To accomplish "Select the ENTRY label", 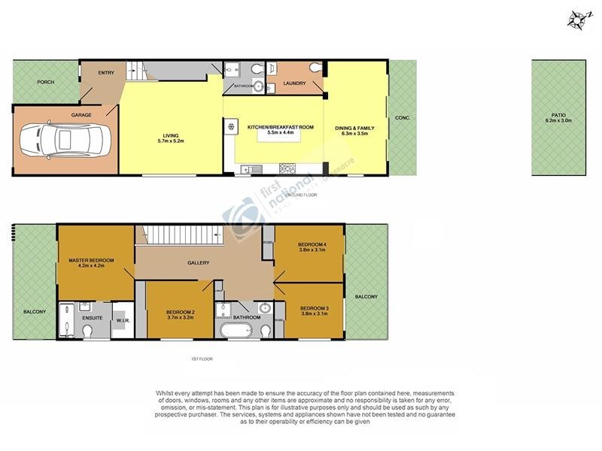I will coord(106,72).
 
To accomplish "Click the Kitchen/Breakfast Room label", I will coord(281,128).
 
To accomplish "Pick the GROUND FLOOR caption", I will coord(302,194).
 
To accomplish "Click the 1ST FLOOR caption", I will coord(201,359).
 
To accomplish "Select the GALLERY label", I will coord(198,262).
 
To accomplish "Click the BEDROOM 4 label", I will coord(312,245).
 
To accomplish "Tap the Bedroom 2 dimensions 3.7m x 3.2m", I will coord(181,317).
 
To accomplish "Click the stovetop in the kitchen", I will coord(287,168).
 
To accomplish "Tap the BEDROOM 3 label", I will coord(314,309).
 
